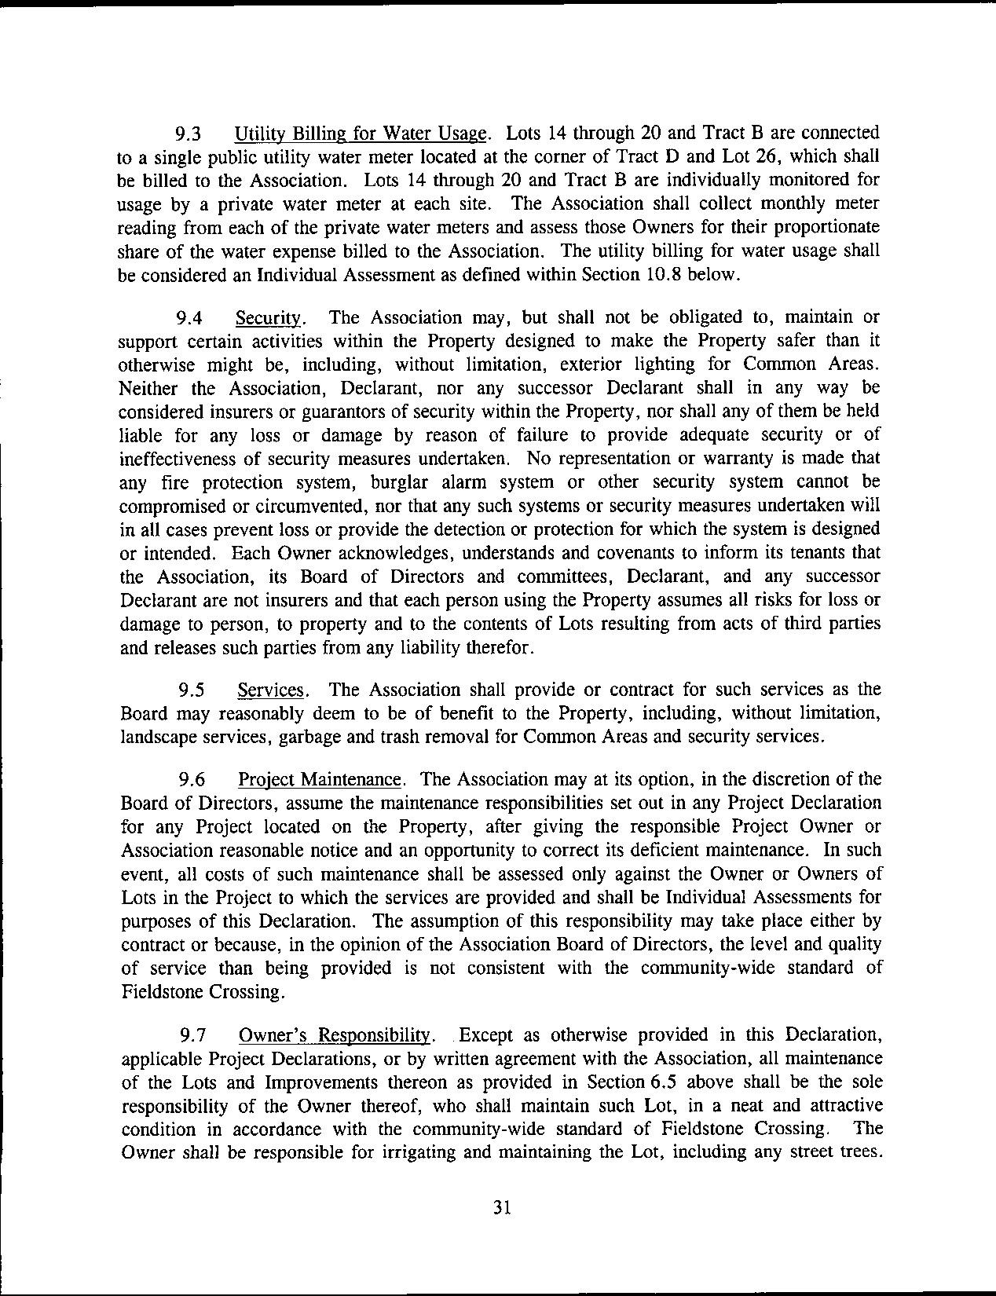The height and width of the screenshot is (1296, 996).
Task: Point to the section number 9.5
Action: click(192, 690)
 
